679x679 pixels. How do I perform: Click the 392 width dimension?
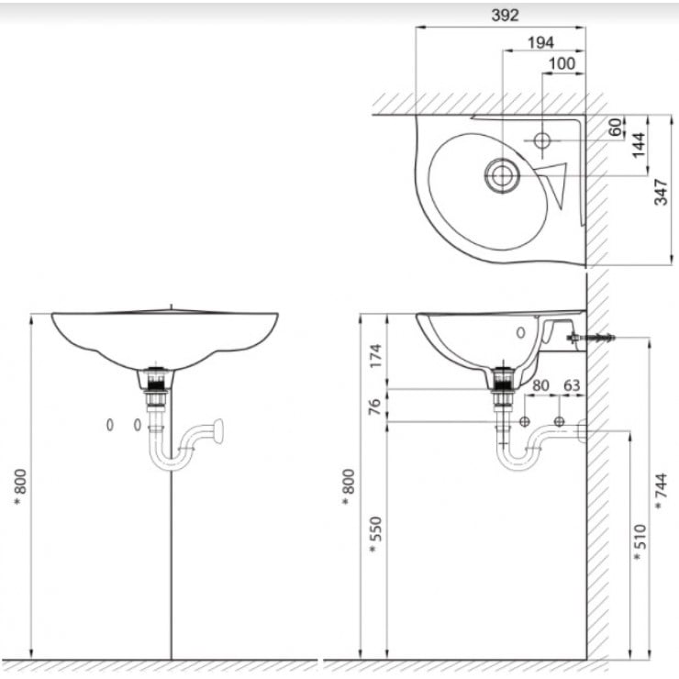504,15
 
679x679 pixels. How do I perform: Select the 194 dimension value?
541,41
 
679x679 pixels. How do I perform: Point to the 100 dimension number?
562,63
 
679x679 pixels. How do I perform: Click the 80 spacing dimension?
540,385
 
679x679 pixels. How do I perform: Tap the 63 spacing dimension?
571,385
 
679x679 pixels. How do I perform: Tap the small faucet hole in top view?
541,140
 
